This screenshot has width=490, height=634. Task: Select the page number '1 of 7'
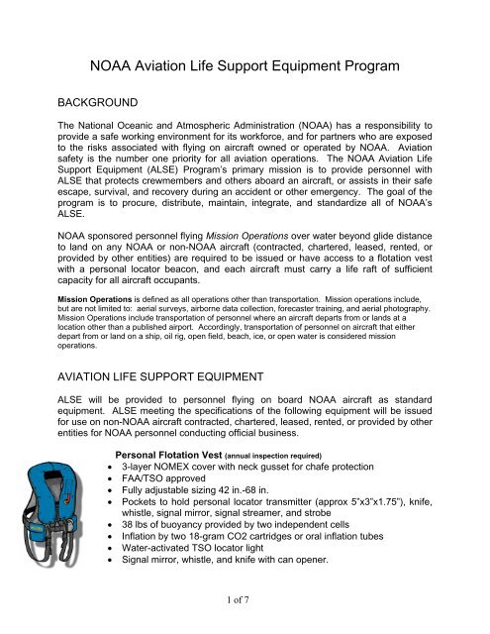tap(245, 611)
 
